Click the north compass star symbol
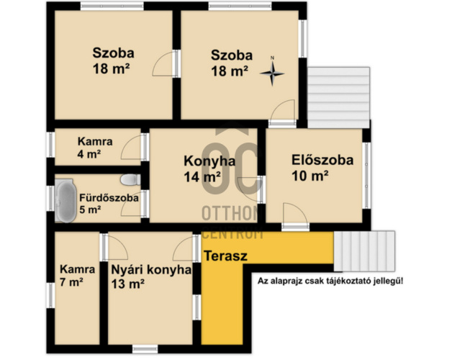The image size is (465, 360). (x=272, y=72)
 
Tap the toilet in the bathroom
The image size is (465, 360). (x=130, y=179)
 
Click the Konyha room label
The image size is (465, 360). (x=209, y=161)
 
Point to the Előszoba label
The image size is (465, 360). (x=322, y=161)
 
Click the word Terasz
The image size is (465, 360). (x=225, y=256)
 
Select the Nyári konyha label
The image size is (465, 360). (x=150, y=270)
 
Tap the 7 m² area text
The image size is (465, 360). (x=72, y=283)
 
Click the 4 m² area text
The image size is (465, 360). (x=89, y=154)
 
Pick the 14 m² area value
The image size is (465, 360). (x=202, y=176)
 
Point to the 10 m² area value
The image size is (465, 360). (x=310, y=175)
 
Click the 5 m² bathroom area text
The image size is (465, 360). (x=90, y=210)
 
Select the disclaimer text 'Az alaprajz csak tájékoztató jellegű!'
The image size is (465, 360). (x=330, y=280)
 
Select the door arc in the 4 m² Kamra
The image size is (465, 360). (x=132, y=148)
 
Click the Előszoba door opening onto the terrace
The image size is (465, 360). (x=294, y=215)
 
